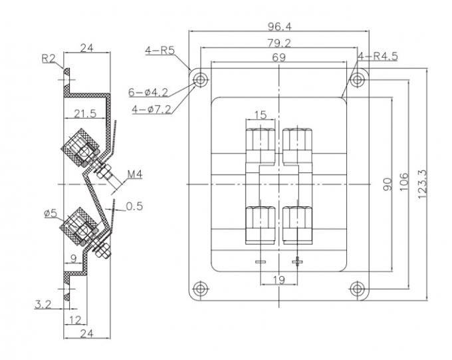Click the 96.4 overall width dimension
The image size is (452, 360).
click(279, 26)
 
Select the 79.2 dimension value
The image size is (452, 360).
click(279, 43)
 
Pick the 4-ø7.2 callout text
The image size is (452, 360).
click(152, 108)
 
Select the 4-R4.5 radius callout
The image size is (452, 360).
click(377, 57)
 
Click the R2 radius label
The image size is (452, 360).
click(49, 59)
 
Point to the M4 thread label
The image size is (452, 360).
click(135, 175)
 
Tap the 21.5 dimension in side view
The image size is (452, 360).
click(84, 114)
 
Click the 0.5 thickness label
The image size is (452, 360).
click(134, 206)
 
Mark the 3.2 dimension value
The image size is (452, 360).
click(43, 305)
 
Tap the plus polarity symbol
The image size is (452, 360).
click(298, 260)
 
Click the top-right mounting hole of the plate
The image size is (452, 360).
click(358, 81)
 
